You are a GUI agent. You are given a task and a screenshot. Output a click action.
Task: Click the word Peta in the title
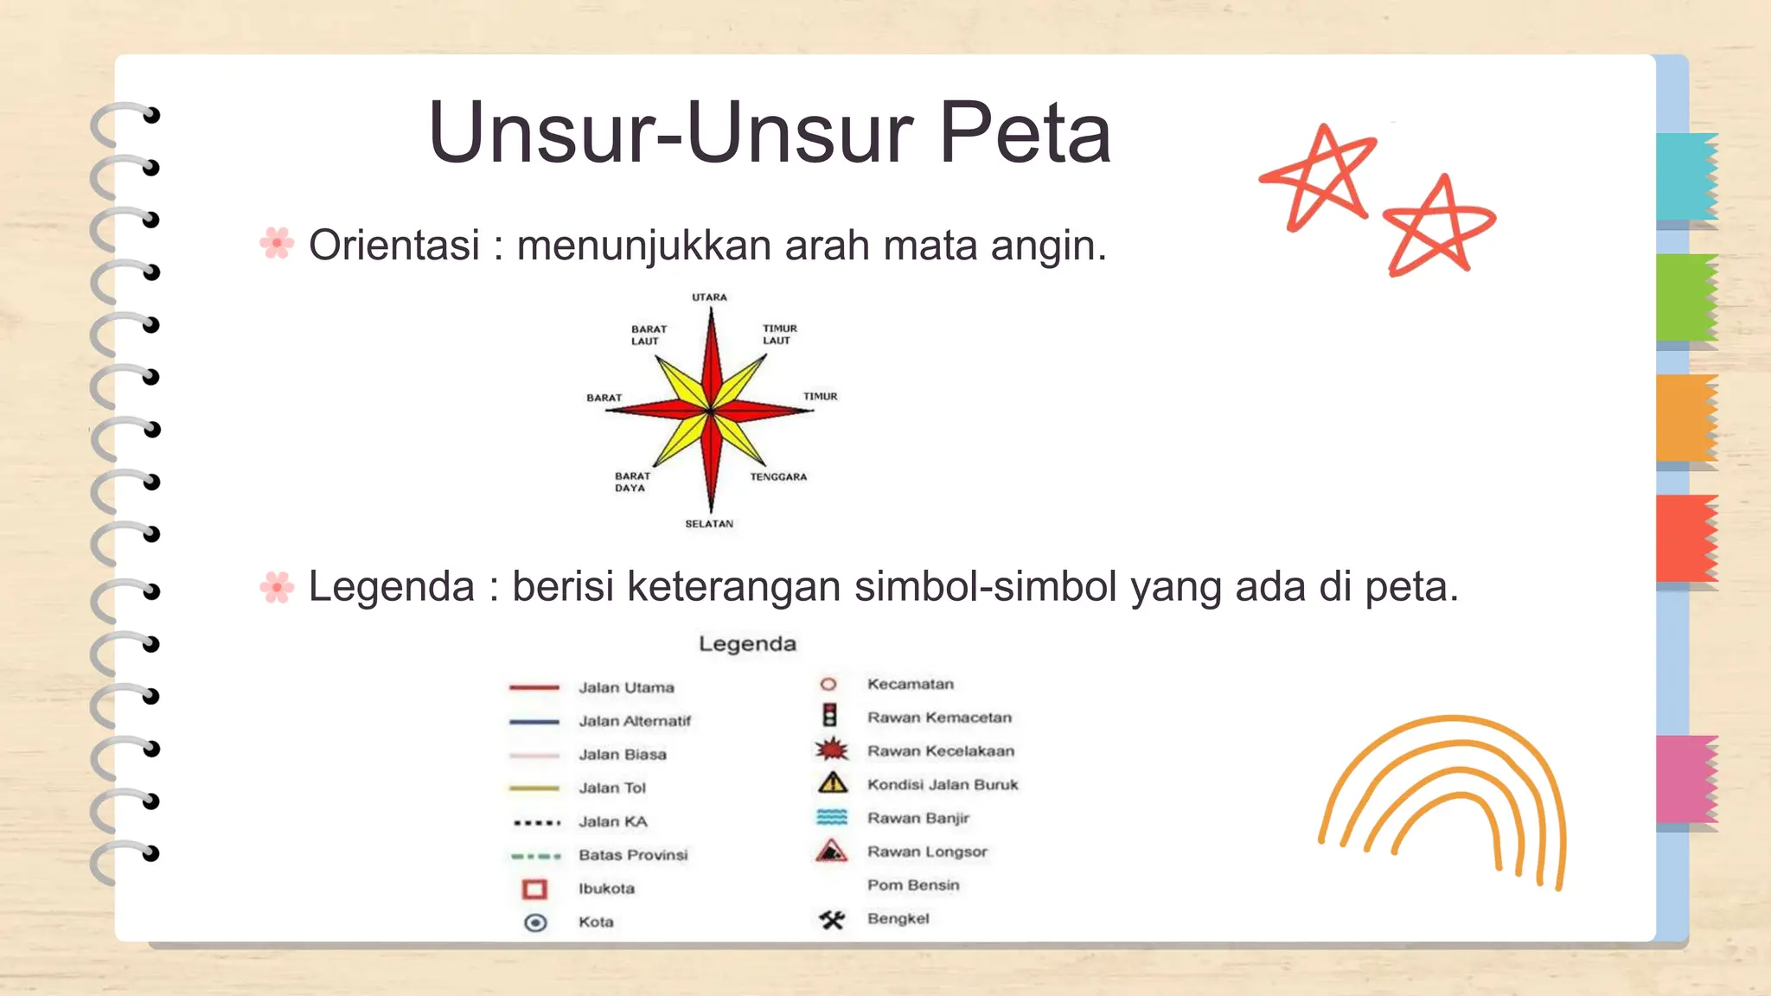[1024, 133]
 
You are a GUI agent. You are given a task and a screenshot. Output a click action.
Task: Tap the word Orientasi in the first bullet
[393, 246]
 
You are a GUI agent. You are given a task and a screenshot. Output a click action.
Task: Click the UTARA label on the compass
[709, 297]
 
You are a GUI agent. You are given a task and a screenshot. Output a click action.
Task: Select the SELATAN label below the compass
[709, 524]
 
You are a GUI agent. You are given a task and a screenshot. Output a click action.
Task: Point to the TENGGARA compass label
[778, 477]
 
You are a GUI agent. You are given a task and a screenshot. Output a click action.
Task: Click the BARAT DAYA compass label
[632, 482]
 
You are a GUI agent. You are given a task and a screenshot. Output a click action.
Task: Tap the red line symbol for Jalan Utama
[534, 688]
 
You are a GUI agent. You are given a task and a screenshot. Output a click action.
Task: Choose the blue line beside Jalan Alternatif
[534, 721]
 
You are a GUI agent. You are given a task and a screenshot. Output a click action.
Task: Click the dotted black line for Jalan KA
[535, 822]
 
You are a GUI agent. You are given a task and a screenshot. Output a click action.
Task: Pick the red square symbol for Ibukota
[535, 889]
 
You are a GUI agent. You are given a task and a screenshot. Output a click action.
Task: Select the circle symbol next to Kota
[535, 923]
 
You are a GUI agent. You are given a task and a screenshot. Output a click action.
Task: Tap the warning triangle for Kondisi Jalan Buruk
[832, 783]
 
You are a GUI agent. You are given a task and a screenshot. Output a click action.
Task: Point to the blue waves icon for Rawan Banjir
[832, 817]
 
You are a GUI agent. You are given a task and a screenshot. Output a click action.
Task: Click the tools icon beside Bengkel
[832, 919]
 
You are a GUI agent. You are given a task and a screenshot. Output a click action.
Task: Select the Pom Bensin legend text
[913, 885]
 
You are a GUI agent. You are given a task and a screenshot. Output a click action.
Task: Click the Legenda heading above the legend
[747, 644]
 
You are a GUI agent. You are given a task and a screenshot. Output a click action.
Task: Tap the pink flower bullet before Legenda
[277, 587]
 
